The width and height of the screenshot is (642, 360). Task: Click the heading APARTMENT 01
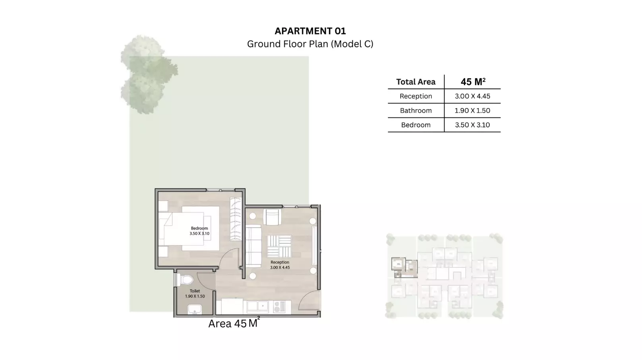click(x=310, y=31)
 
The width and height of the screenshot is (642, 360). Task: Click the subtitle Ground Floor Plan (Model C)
click(x=310, y=44)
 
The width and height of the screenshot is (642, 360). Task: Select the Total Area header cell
click(x=416, y=82)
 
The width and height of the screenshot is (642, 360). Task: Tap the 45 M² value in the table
click(x=473, y=82)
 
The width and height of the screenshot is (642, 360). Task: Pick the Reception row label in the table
click(x=416, y=96)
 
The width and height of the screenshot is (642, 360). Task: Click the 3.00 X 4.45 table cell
click(x=472, y=96)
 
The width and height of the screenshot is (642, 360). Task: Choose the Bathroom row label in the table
click(x=416, y=110)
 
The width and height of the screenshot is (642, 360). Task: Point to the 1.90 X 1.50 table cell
click(x=472, y=110)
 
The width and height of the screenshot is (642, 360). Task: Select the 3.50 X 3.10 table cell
click(x=472, y=125)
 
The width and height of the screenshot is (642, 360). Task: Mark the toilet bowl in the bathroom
click(x=185, y=280)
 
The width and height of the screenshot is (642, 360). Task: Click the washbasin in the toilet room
click(x=194, y=310)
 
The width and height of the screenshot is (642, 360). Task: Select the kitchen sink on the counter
click(x=257, y=306)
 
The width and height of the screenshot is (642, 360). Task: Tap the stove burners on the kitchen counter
click(x=279, y=307)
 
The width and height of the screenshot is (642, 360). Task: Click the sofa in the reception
click(x=253, y=246)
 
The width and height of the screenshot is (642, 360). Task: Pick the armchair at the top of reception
click(x=272, y=217)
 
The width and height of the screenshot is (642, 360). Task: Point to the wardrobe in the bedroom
click(x=236, y=219)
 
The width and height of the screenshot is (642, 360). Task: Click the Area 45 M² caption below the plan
click(x=234, y=323)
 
